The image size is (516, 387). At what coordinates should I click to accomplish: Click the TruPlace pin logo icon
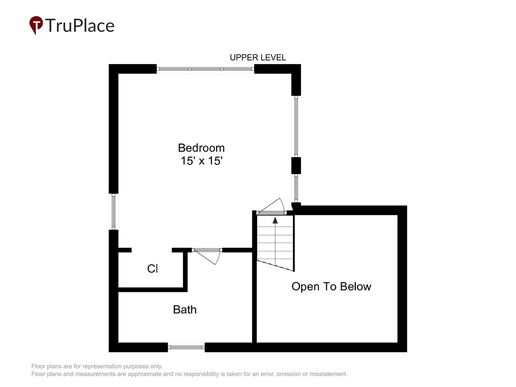[36, 25]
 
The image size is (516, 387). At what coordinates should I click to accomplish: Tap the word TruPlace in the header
[80, 25]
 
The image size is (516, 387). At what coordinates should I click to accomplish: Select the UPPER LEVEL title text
[258, 57]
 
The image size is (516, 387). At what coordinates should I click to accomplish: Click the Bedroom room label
[201, 148]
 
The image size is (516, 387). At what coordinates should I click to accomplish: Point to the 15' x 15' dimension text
[202, 161]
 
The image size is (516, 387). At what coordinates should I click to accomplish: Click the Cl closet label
[152, 269]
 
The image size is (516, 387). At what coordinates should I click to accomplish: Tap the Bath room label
[185, 310]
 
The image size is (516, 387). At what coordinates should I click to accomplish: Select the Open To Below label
[331, 286]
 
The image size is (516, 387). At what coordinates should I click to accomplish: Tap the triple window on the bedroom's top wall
[205, 69]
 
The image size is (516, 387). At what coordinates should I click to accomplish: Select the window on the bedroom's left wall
[114, 212]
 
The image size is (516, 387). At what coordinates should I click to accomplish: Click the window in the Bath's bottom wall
[186, 347]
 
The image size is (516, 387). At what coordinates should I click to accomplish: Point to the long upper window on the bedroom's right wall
[296, 126]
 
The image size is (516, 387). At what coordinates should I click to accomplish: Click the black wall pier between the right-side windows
[296, 166]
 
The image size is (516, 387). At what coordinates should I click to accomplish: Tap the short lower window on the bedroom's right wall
[296, 188]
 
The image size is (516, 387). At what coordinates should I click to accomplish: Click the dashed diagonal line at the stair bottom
[275, 265]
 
